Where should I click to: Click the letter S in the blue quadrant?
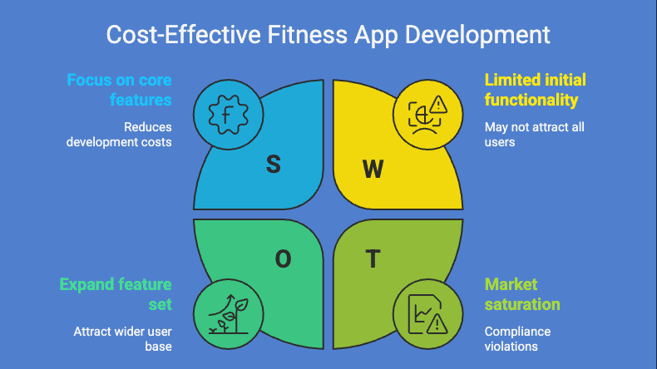tap(273, 165)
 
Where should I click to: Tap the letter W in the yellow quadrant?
tap(373, 170)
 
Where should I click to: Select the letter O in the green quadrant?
tap(284, 259)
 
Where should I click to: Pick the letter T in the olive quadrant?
tap(373, 259)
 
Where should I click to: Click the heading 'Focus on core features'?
tap(119, 90)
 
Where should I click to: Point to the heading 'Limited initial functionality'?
tap(536, 90)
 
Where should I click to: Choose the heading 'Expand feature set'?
tap(116, 294)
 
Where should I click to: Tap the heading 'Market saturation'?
tap(522, 294)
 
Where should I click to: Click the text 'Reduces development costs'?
tap(119, 135)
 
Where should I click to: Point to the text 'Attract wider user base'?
tap(122, 338)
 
